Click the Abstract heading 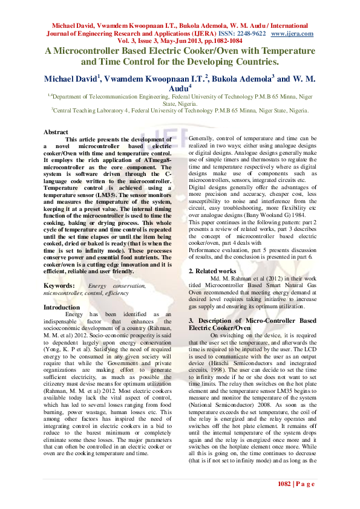[56, 132]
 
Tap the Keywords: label [59, 285]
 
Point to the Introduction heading [62, 307]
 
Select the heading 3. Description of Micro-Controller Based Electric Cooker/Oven [252, 323]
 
